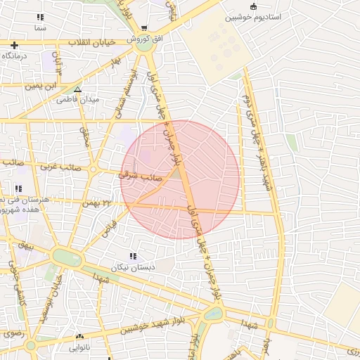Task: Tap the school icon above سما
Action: [40, 17]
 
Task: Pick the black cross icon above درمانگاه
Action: [14, 45]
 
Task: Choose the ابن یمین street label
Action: [40, 86]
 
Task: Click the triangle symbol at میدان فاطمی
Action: [77, 89]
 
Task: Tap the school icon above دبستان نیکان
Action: [133, 256]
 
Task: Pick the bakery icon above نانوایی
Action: [79, 337]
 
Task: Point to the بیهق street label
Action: [26, 247]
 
